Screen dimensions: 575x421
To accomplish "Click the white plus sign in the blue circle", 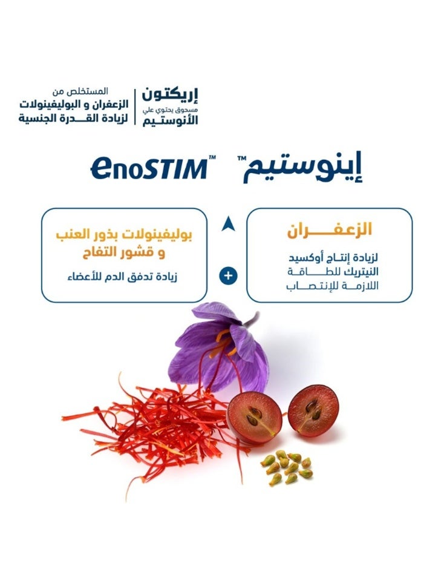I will tap(227, 276).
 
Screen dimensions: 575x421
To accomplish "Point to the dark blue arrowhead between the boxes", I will tap(227, 225).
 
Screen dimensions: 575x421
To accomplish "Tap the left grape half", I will tap(254, 416).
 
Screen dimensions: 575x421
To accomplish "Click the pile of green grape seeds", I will tap(287, 467).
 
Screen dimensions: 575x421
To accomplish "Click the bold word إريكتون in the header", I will tap(170, 95).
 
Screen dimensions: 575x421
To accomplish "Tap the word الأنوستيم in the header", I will tap(170, 119).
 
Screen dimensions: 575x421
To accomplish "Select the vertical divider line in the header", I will tap(134, 107).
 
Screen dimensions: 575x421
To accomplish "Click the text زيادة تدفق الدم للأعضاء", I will tap(122, 277).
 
